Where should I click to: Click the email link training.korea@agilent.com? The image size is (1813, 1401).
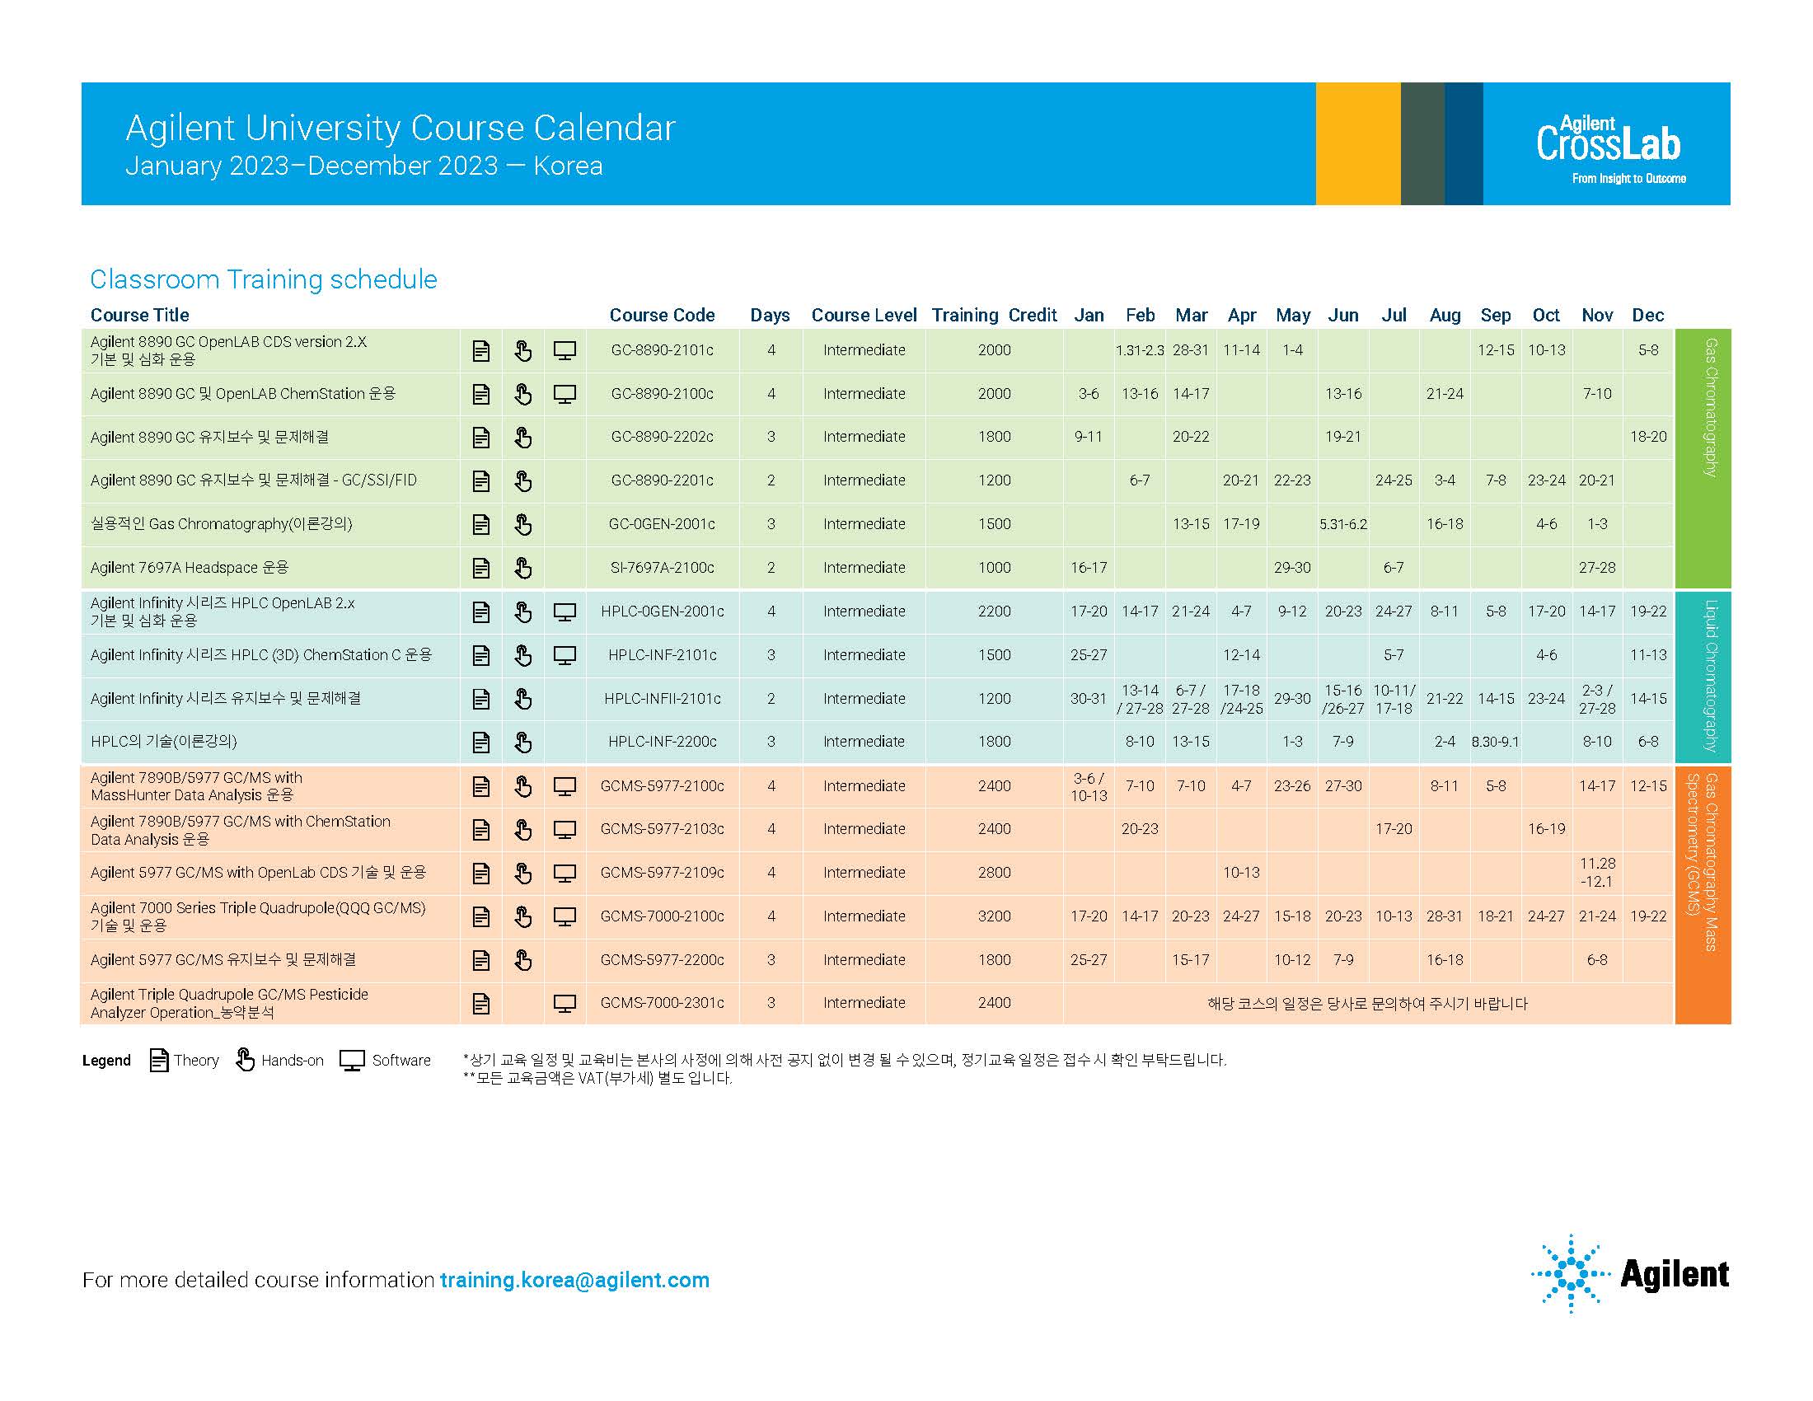[574, 1280]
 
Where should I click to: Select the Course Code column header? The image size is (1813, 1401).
[662, 316]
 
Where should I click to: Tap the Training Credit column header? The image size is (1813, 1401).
[994, 316]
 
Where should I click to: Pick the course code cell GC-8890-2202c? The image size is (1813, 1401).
[662, 437]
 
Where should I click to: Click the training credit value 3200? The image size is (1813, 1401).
[994, 916]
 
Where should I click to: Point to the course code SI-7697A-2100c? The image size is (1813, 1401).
[662, 568]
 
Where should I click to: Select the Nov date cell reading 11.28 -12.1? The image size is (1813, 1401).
[1596, 872]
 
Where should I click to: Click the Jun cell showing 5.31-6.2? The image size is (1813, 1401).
[1343, 524]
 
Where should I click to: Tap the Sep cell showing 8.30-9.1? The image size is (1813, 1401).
[1495, 742]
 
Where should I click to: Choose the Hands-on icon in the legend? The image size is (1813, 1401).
[245, 1060]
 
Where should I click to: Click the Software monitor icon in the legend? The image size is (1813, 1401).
[353, 1061]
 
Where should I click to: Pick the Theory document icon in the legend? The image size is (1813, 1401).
[158, 1060]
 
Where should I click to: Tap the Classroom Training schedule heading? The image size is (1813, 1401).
[263, 279]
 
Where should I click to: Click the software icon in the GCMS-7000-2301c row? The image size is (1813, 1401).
[565, 1004]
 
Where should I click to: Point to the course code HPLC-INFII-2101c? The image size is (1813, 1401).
[662, 699]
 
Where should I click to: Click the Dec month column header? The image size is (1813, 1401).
[1647, 316]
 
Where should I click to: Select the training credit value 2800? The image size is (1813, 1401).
[994, 872]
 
